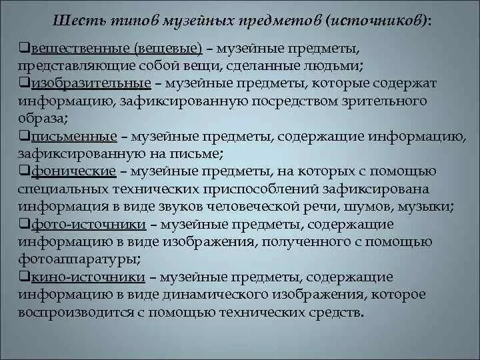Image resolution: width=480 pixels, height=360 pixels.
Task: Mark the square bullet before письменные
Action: tap(23, 137)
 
